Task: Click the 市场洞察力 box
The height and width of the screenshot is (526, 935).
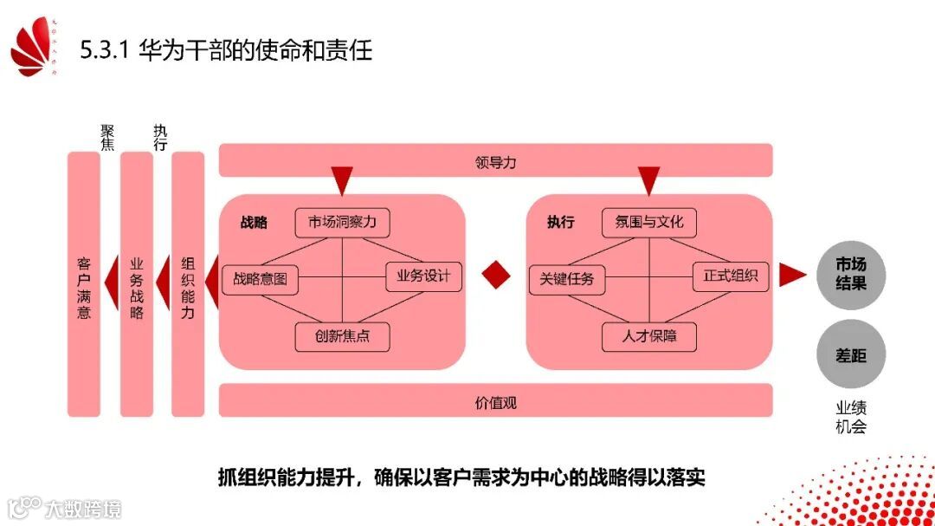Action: click(x=342, y=223)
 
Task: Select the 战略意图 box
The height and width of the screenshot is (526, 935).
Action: click(x=260, y=280)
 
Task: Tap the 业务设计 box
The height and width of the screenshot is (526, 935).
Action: click(x=423, y=276)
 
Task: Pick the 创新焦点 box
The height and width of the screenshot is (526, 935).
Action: click(x=342, y=336)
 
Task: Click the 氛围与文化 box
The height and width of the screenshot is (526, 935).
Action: click(x=649, y=223)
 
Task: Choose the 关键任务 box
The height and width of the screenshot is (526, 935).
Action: click(x=567, y=279)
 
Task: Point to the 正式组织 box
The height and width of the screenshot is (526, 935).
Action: click(x=731, y=276)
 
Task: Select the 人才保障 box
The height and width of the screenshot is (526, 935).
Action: click(x=649, y=336)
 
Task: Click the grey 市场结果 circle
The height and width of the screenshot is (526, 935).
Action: click(x=850, y=274)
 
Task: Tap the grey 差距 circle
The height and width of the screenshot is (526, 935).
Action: click(x=850, y=355)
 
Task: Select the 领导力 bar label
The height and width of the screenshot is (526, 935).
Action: click(x=495, y=161)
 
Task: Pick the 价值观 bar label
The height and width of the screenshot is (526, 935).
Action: click(x=495, y=402)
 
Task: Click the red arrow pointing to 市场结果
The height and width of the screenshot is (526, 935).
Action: click(x=791, y=275)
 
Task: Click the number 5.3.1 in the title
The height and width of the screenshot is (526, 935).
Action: click(x=104, y=50)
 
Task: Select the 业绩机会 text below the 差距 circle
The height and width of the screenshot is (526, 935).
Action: click(x=850, y=417)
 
